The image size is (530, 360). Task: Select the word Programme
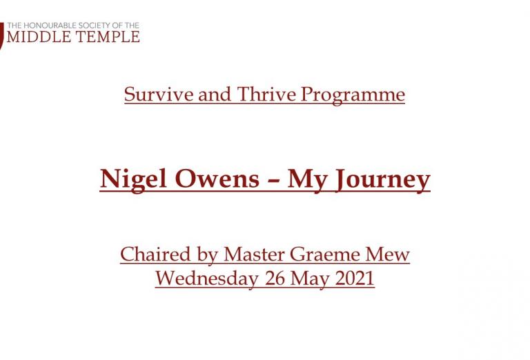click(353, 95)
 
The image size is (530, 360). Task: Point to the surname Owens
click(217, 179)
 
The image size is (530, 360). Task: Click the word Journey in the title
click(382, 180)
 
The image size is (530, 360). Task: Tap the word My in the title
click(308, 180)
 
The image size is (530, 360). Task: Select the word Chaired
click(155, 254)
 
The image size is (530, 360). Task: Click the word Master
click(254, 254)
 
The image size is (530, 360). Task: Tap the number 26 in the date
click(275, 279)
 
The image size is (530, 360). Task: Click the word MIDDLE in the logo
click(39, 37)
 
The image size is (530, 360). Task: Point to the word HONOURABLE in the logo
click(48, 26)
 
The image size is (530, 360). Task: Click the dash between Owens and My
click(273, 181)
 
